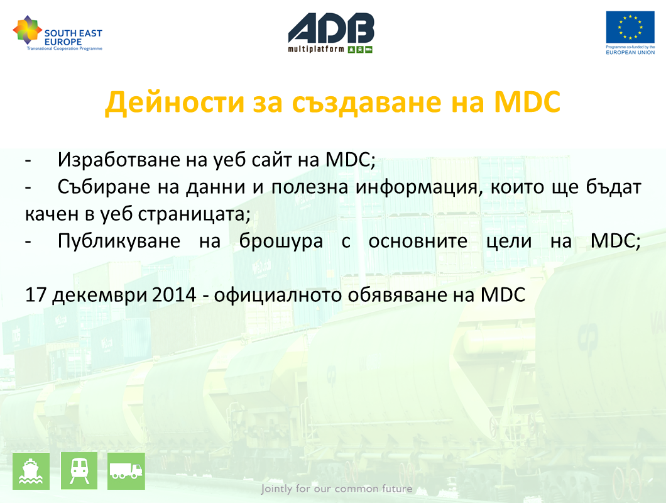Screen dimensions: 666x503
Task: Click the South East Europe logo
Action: point(58,33)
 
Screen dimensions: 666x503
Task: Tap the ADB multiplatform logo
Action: point(331,33)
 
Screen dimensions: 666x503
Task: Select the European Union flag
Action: point(630,27)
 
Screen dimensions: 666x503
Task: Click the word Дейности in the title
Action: point(175,102)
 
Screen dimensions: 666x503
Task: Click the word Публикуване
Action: point(119,241)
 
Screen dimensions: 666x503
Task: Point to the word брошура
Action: point(281,241)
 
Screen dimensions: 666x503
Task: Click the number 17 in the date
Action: point(36,295)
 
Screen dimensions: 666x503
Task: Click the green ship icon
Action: point(31,471)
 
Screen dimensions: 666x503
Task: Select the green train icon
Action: point(79,471)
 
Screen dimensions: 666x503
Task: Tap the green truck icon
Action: point(126,471)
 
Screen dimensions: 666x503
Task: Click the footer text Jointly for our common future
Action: point(337,489)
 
